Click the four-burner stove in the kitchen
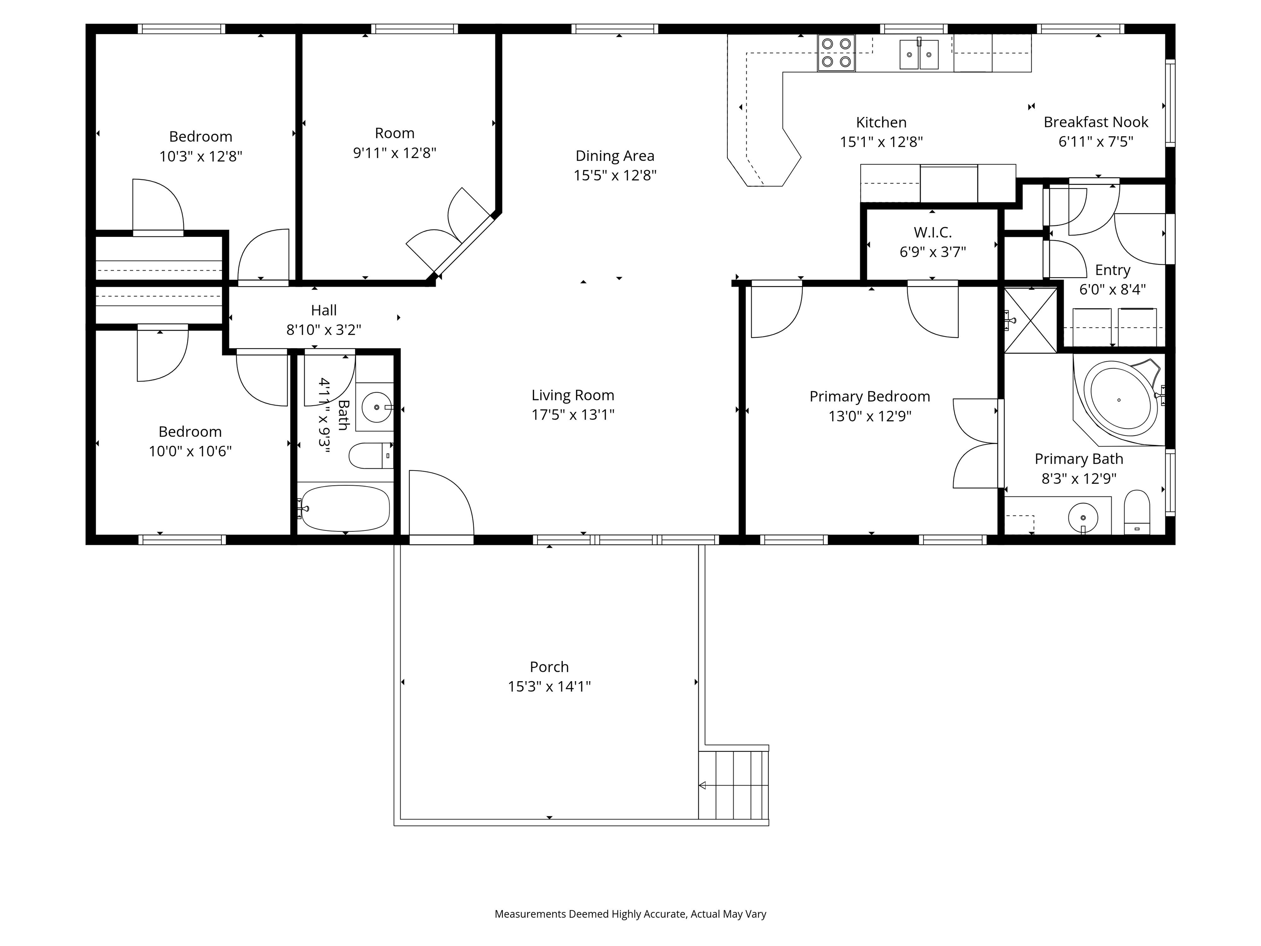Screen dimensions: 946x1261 (836, 53)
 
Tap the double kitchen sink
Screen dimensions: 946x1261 (919, 55)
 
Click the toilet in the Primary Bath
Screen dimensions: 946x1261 (1137, 512)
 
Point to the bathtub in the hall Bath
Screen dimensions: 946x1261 (346, 508)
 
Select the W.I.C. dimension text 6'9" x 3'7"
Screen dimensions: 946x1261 (933, 251)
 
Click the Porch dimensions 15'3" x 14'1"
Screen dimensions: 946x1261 (549, 686)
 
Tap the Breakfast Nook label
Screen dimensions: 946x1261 (1096, 122)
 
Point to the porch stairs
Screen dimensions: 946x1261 (734, 785)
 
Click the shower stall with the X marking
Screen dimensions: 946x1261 (1030, 320)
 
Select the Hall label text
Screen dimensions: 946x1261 (324, 310)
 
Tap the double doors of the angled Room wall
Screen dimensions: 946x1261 (450, 231)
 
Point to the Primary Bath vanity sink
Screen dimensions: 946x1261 (1082, 517)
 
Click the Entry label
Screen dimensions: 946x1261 (1112, 270)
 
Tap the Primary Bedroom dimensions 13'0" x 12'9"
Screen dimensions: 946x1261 (869, 416)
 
